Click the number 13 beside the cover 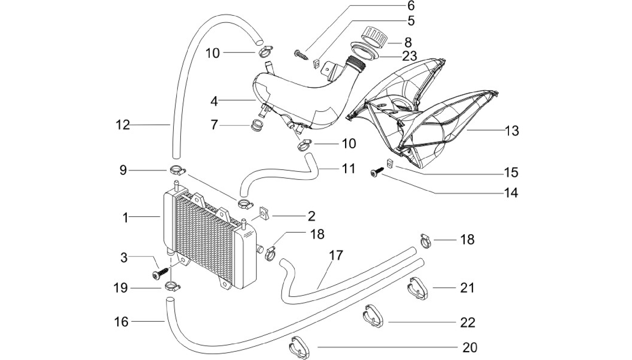pyautogui.click(x=512, y=131)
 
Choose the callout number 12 pyautogui.click(x=123, y=125)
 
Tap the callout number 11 pyautogui.click(x=348, y=169)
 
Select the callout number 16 pyautogui.click(x=121, y=322)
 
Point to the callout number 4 pyautogui.click(x=214, y=101)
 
